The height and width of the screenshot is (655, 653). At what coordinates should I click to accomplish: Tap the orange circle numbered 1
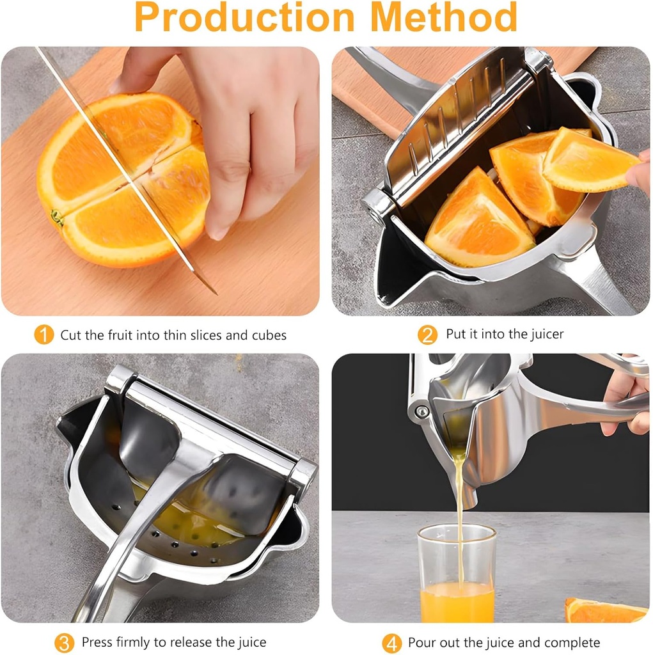coord(43,335)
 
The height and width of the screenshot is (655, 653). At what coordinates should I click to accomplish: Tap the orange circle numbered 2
coord(427,335)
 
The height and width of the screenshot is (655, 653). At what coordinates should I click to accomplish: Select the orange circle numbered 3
coord(64,642)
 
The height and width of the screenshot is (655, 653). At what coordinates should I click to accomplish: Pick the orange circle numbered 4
coord(391,642)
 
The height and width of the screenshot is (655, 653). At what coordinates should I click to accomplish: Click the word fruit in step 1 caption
coord(126,335)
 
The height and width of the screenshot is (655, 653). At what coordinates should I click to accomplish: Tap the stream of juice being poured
coord(459,499)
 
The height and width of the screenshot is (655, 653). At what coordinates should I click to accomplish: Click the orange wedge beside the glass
coord(604,611)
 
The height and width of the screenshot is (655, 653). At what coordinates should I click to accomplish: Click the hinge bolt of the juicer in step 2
coord(370,208)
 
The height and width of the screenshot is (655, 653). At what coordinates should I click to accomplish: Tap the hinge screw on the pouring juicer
coord(421,411)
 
